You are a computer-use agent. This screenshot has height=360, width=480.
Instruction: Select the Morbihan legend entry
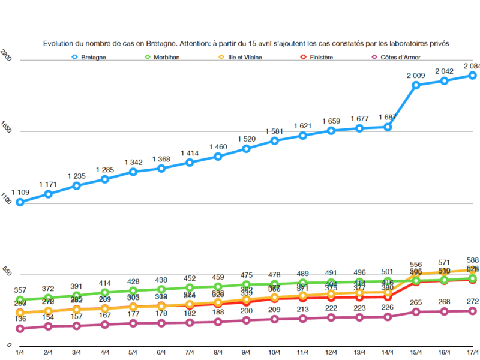[x=165, y=57]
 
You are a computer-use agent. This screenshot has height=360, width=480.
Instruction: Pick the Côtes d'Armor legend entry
[x=395, y=57]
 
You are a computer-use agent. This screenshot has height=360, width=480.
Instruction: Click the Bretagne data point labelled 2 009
[x=416, y=85]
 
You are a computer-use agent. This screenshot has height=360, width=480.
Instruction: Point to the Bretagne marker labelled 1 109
[x=20, y=202]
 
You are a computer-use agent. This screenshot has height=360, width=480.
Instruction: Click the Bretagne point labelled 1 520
[x=246, y=148]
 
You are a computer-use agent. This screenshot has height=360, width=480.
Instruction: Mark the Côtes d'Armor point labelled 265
[x=416, y=312]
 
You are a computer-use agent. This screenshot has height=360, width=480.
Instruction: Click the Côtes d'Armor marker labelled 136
[x=20, y=329]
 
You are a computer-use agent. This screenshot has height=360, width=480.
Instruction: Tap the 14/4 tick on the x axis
[x=388, y=353]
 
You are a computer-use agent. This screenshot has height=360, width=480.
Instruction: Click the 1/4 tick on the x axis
[x=20, y=353]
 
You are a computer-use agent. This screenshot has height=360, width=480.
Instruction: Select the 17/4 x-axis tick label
[x=472, y=353]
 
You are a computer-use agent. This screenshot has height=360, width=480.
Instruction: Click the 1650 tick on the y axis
[x=5, y=131]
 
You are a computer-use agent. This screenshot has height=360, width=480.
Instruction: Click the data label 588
[x=472, y=260]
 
